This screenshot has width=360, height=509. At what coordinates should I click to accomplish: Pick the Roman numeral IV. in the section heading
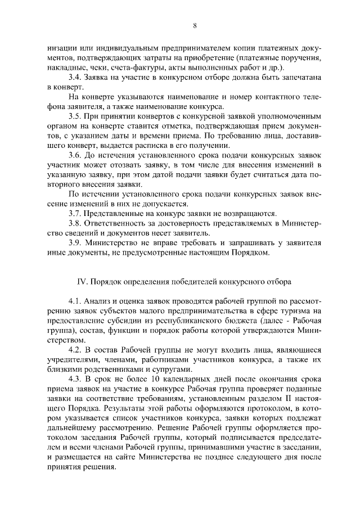[81, 281]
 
